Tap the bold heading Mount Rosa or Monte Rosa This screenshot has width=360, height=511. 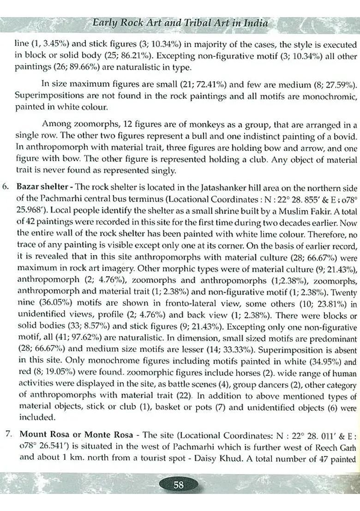pos(76,435)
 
